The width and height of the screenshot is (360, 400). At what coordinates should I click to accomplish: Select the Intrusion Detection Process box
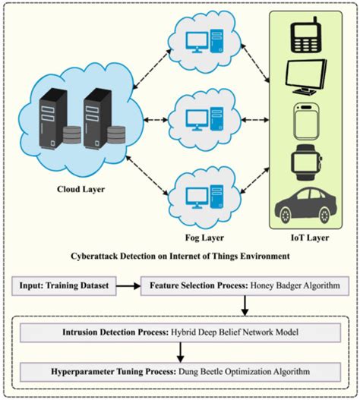pos(180,332)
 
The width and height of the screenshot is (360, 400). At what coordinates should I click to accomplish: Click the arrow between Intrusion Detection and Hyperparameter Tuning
pos(180,352)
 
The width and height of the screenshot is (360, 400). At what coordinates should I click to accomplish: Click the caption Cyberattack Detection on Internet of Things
pos(179,257)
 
